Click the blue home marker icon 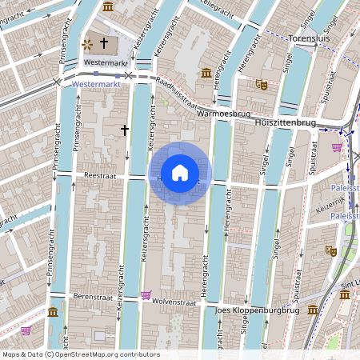179,173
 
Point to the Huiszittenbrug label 284,124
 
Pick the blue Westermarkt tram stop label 95,82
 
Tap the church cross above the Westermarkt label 104,43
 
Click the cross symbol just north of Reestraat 124,129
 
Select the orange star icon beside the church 86,44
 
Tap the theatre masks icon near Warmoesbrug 261,83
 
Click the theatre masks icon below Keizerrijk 330,250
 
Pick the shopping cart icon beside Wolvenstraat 146,295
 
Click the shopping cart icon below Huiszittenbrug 337,147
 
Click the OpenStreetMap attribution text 80,354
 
